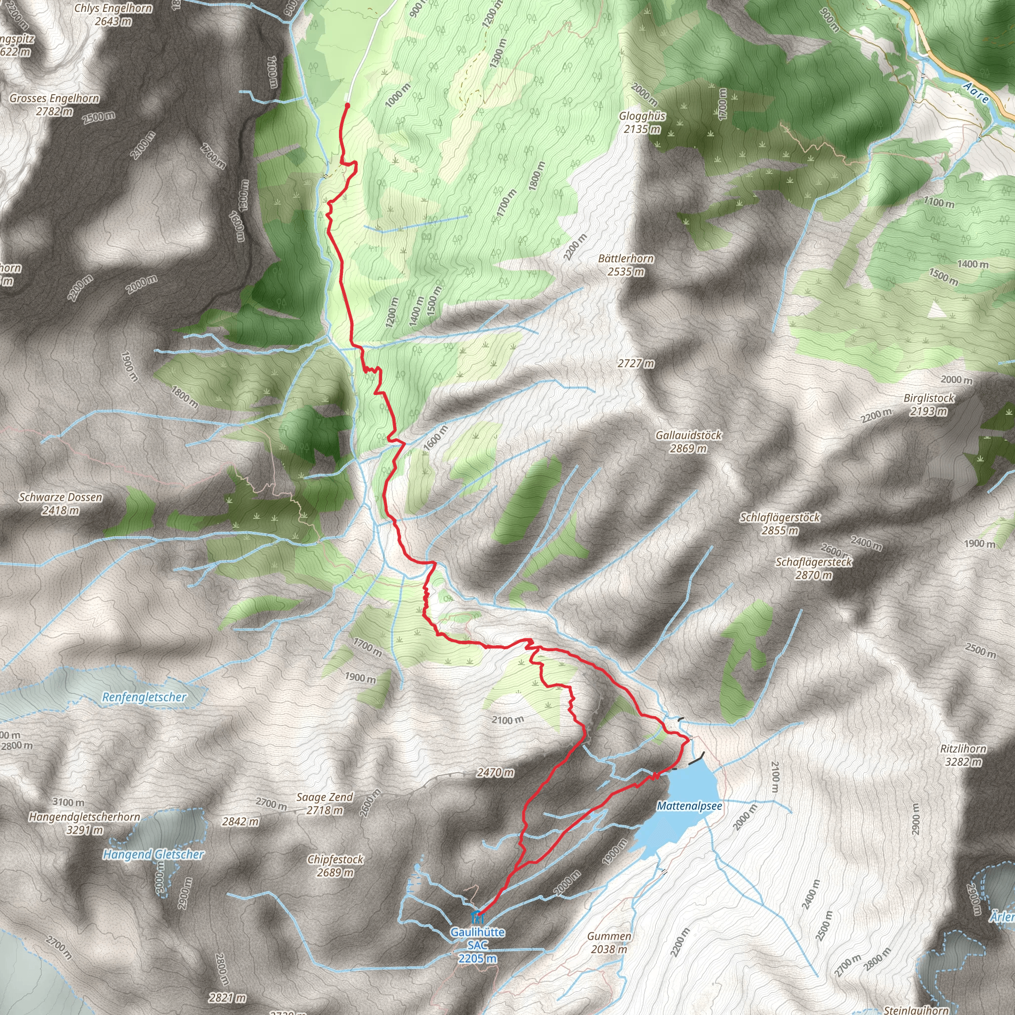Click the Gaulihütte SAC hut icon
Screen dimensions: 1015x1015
[x=478, y=918]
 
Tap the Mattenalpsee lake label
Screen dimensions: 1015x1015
[x=689, y=806]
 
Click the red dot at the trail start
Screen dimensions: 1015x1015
[x=347, y=106]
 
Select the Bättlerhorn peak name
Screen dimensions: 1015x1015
[x=626, y=259]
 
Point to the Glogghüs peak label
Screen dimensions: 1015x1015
[x=642, y=116]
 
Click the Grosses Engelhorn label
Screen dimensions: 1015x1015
[x=54, y=98]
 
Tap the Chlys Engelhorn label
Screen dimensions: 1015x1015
[x=113, y=8]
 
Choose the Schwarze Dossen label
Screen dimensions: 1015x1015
[x=60, y=497]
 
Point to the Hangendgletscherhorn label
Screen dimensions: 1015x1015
[x=85, y=817]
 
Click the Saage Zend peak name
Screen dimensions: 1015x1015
[x=325, y=797]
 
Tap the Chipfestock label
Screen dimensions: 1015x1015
[x=335, y=859]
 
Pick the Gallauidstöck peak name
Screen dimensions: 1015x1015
[x=688, y=435]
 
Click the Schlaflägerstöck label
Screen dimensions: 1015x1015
[x=780, y=517]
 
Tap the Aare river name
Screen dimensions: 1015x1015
[x=976, y=93]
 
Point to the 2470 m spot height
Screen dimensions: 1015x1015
[x=495, y=772]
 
